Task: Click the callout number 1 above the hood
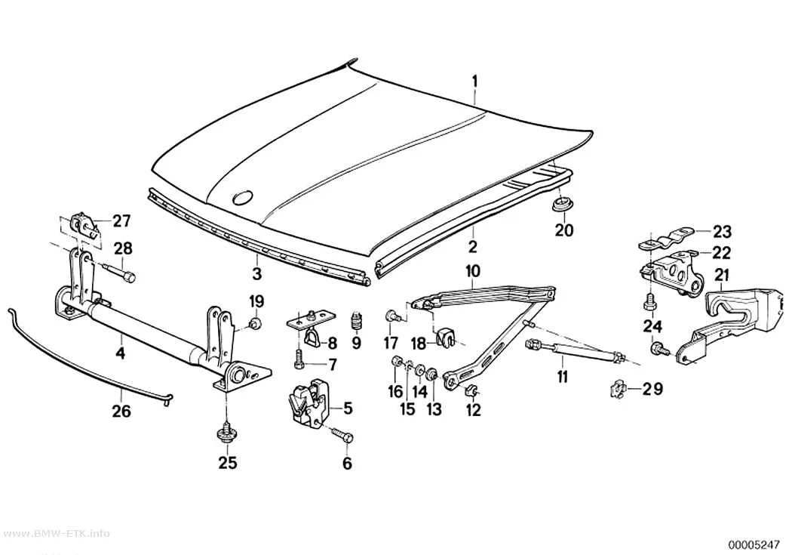point(474,82)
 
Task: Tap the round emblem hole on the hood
point(243,198)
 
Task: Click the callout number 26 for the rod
point(121,411)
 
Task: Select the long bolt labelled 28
point(119,271)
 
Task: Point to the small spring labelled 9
point(357,320)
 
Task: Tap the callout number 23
point(722,232)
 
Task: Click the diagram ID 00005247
point(754,545)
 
